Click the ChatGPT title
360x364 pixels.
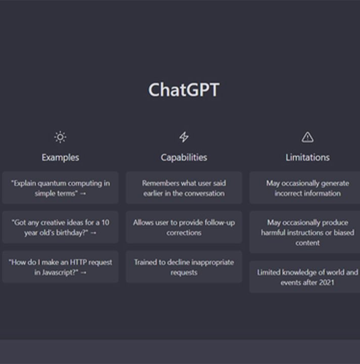(184, 90)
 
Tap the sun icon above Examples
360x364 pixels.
(60, 137)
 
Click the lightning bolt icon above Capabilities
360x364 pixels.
(184, 137)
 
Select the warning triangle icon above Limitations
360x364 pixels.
(307, 137)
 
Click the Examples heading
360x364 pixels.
(60, 158)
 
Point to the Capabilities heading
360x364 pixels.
(184, 158)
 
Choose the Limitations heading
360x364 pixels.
(307, 158)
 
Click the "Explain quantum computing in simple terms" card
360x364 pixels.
(60, 188)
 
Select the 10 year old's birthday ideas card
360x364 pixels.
(60, 227)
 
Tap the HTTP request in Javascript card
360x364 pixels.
(60, 267)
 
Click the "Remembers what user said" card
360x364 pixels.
(184, 188)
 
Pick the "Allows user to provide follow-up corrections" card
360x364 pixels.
(184, 227)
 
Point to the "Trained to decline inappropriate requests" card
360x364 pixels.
(184, 267)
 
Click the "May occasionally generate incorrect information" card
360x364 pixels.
(305, 188)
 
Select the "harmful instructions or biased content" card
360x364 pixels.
(305, 232)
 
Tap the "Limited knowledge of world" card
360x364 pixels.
(305, 277)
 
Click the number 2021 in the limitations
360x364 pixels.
(327, 283)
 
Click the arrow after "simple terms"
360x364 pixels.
(83, 194)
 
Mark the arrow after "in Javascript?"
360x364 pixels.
(83, 272)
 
